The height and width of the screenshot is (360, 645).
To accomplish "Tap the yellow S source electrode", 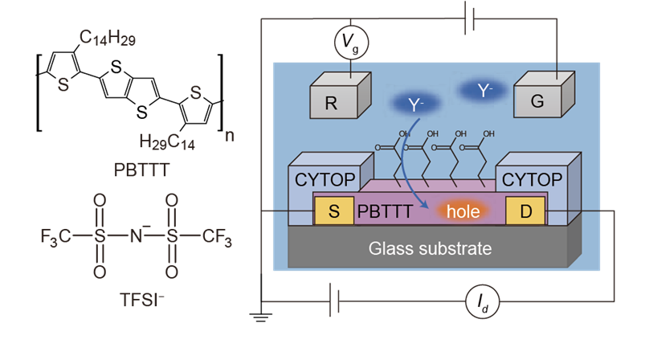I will [334, 212].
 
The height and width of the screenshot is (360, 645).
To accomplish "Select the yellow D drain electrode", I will [526, 212].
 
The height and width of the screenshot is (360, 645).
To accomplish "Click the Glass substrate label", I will [430, 248].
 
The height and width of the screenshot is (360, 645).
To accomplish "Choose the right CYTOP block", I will [529, 178].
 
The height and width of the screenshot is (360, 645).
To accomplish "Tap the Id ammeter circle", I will [483, 302].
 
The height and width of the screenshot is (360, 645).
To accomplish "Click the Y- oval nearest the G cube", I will [484, 91].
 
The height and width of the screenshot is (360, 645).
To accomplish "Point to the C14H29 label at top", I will [108, 38].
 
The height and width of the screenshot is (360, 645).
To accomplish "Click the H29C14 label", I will [167, 143].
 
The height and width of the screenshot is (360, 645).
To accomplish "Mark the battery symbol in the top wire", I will [469, 19].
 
